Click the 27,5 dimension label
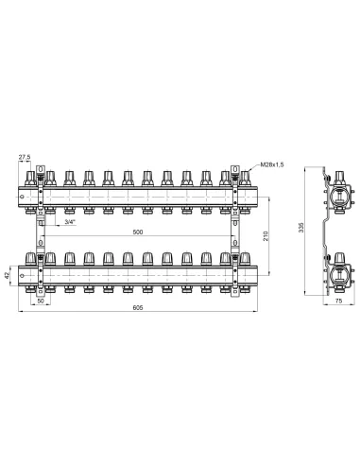tap(25, 157)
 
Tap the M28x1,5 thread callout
tap(272, 164)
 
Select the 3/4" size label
tap(70, 222)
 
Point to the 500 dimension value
tap(138, 232)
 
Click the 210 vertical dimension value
tap(266, 236)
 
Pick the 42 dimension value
tap(7, 276)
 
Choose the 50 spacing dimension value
tap(41, 301)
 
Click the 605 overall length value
tap(138, 308)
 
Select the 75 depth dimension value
tap(338, 301)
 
